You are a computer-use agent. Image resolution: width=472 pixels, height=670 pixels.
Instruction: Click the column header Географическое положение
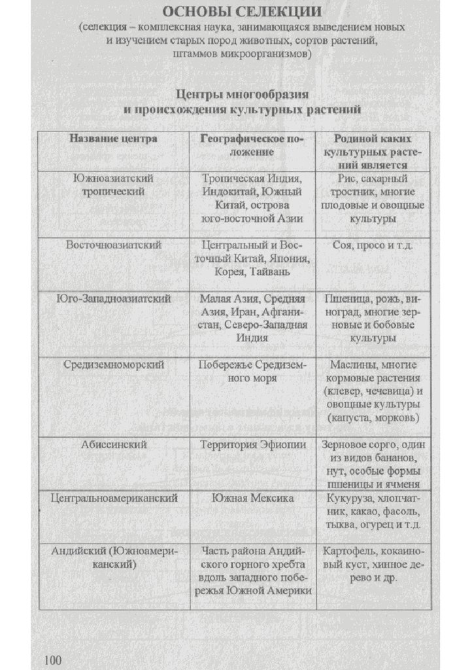click(252, 145)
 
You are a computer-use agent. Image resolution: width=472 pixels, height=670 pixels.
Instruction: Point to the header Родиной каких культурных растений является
click(372, 152)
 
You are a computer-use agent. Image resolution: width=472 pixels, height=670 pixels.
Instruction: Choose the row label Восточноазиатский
click(114, 245)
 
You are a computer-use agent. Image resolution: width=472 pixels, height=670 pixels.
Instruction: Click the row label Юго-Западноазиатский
click(114, 298)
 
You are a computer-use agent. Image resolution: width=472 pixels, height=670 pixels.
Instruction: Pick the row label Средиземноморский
click(114, 364)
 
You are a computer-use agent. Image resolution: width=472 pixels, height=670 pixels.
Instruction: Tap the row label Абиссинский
click(114, 444)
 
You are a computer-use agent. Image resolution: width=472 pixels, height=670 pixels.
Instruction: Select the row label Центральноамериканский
click(114, 498)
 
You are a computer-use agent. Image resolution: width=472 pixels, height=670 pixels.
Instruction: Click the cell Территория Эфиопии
click(252, 444)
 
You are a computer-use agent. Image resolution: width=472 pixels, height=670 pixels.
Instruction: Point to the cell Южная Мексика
click(252, 498)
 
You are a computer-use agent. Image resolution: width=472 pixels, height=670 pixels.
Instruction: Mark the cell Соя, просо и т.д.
click(372, 245)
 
